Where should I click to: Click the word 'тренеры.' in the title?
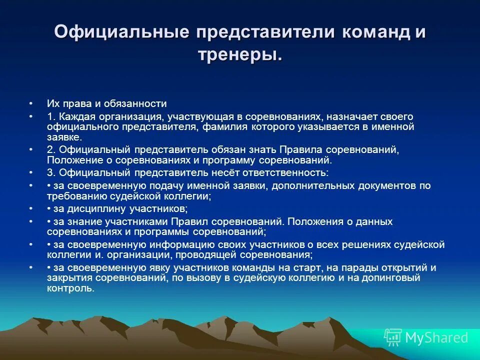click(240, 54)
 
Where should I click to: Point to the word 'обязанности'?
click(140, 104)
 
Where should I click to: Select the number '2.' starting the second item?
click(52, 150)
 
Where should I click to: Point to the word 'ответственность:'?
click(286, 173)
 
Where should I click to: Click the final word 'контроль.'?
click(71, 288)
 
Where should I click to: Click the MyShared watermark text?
click(436, 337)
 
